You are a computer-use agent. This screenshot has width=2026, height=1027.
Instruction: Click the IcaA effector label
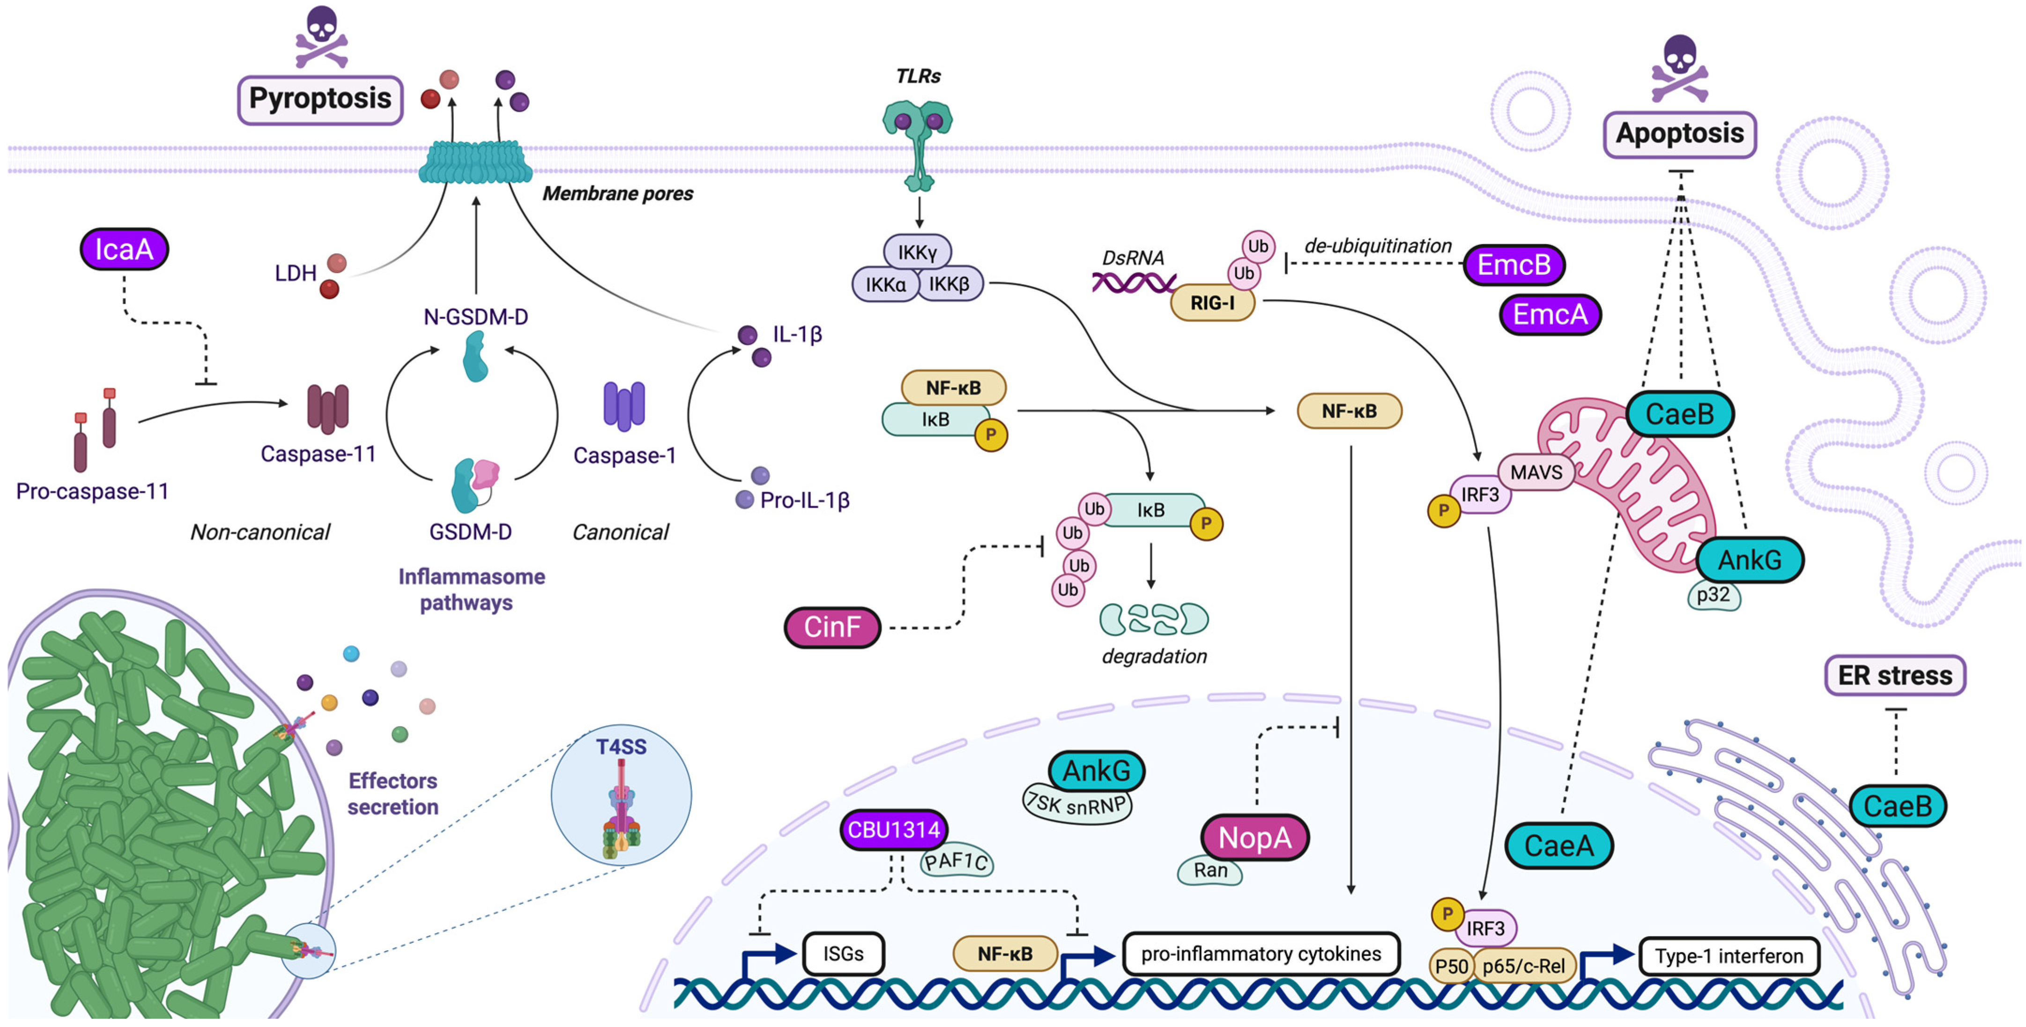coord(124,249)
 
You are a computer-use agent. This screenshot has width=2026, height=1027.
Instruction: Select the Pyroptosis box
coord(320,99)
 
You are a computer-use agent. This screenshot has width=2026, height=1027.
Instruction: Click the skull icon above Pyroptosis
coord(322,36)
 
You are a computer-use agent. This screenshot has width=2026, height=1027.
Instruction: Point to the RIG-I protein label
coord(1212,303)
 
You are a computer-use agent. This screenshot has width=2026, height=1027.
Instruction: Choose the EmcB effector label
coord(1513,265)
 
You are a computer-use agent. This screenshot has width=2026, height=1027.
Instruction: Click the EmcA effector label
coord(1550,315)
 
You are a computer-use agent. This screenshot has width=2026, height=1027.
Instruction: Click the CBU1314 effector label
coord(893,830)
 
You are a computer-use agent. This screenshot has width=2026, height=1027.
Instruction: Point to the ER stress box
coord(1895,675)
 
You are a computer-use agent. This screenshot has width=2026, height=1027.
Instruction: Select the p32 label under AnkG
coord(1713,595)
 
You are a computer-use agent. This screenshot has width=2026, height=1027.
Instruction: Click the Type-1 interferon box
coord(1729,956)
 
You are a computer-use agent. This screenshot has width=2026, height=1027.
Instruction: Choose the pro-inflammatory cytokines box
coord(1261,954)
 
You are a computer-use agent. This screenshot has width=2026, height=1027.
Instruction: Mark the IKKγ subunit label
coord(917,252)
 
